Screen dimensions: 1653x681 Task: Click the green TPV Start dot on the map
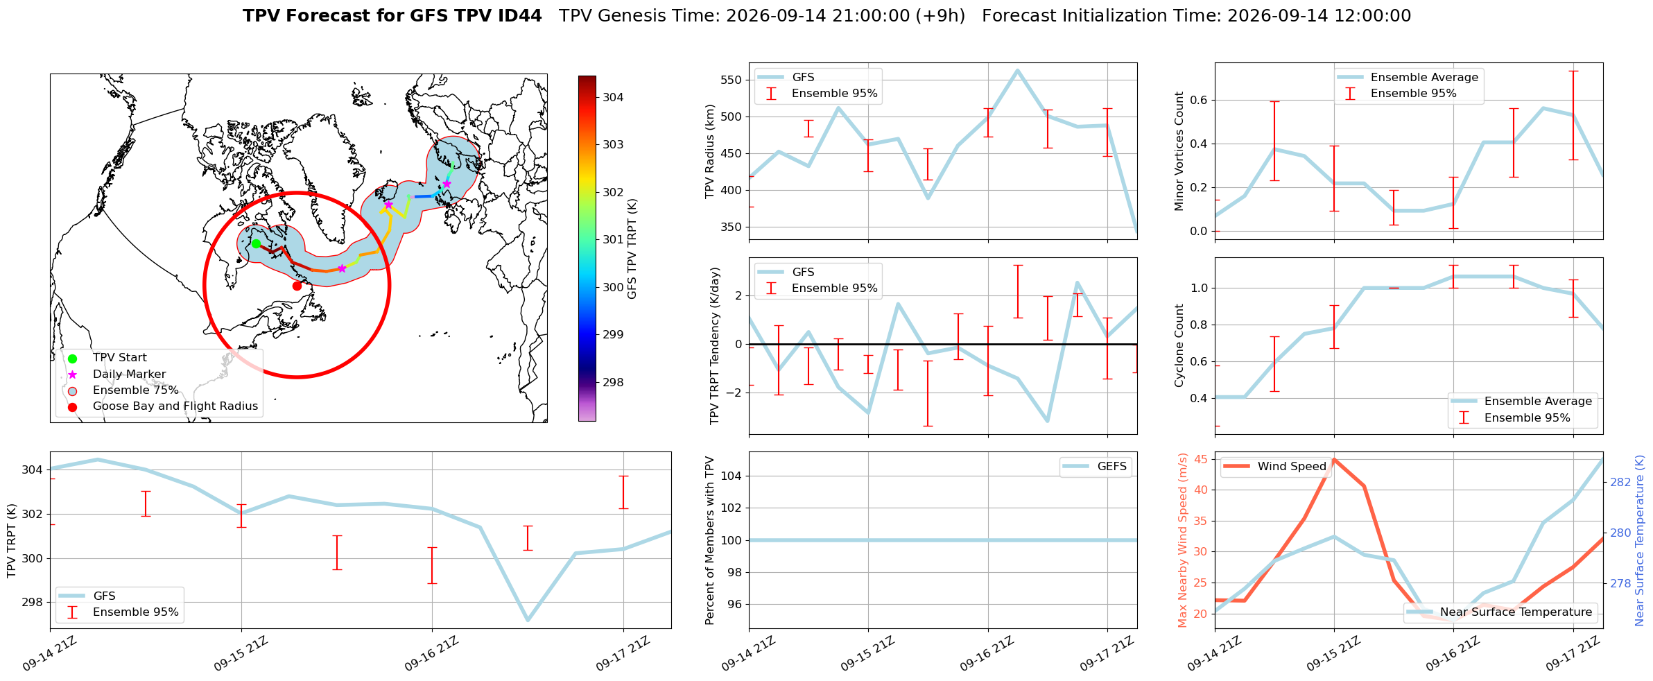point(256,243)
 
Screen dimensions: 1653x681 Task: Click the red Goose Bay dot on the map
point(297,286)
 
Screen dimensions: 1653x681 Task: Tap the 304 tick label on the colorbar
point(613,97)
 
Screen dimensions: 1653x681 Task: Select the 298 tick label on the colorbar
point(613,382)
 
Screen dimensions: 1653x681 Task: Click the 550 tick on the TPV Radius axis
point(731,80)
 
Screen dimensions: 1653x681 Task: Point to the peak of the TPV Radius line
point(1017,70)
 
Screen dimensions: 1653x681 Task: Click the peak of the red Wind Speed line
point(1333,459)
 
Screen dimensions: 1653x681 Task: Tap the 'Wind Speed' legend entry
point(1275,467)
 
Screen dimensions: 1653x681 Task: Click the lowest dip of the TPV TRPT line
point(528,620)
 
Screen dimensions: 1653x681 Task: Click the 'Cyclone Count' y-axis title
point(1179,345)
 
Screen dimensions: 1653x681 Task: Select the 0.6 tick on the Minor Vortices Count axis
point(1198,100)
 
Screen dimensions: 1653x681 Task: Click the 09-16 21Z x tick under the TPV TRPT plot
point(431,654)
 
